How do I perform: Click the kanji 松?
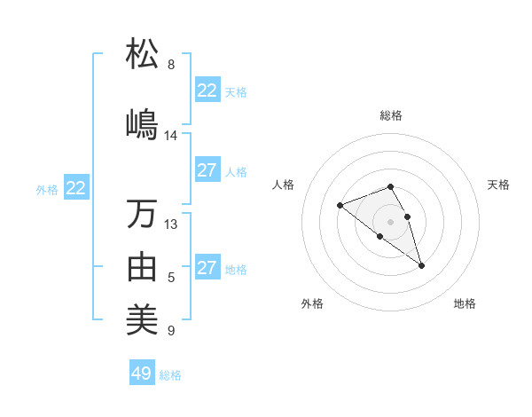(x=143, y=54)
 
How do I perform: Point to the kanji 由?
(x=143, y=266)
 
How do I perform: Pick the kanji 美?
(x=143, y=319)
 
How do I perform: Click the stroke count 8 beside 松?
(x=171, y=65)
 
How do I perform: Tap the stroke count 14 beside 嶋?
(x=171, y=135)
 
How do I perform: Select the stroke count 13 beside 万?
(x=171, y=224)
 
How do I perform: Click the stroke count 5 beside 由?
(x=171, y=278)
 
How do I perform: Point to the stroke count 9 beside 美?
(x=171, y=331)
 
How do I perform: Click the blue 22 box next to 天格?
(x=207, y=90)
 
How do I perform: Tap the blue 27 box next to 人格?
(x=207, y=170)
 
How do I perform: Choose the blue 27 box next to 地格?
(x=207, y=268)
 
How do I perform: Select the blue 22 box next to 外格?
(x=76, y=188)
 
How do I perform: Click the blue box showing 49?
(x=142, y=374)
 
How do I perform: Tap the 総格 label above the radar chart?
(x=391, y=115)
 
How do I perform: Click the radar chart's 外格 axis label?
(x=312, y=304)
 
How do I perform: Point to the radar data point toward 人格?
(x=340, y=206)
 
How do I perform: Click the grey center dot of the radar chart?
(x=390, y=222)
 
